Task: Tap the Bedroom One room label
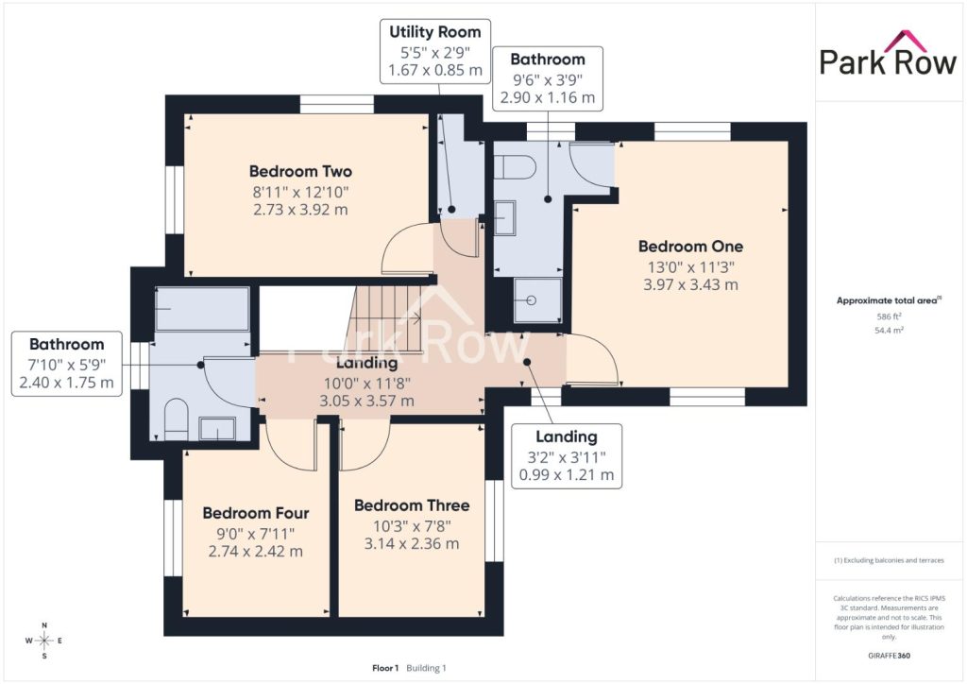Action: coord(690,247)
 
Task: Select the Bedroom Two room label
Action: coord(300,171)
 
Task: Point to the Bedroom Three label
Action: coord(412,505)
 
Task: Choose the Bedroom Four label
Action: coord(255,513)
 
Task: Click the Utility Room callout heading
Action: coord(434,32)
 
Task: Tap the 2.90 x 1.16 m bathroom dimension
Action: coord(547,97)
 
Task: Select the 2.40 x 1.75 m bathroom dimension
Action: coord(67,383)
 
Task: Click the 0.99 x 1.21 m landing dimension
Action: coord(567,475)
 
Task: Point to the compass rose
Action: coord(44,641)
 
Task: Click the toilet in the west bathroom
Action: coord(177,419)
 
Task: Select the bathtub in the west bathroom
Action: coord(202,309)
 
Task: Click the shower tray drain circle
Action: coord(532,300)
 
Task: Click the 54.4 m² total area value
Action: coord(889,330)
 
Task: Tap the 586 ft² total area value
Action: coord(889,316)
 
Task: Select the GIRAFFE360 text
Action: coord(889,656)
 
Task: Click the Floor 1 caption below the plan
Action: coord(385,668)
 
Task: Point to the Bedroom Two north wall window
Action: coord(337,104)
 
